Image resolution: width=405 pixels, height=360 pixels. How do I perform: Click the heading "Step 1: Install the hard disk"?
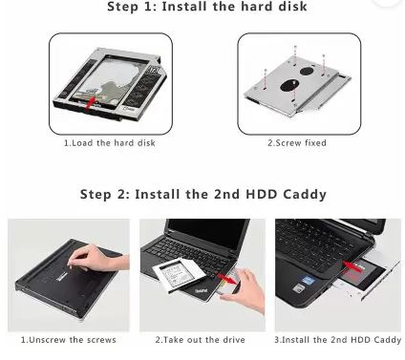click(x=207, y=7)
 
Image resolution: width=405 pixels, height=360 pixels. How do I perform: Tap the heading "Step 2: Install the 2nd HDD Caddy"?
click(x=203, y=194)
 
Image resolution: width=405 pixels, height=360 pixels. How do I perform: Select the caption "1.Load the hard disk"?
click(x=110, y=143)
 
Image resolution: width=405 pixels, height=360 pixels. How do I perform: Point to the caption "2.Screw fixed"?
click(x=297, y=143)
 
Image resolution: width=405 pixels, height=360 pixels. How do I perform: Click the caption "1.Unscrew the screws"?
click(x=69, y=340)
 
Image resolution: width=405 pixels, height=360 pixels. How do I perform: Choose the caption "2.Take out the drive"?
click(x=201, y=340)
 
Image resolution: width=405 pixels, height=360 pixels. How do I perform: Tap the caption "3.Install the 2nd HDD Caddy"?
click(x=338, y=340)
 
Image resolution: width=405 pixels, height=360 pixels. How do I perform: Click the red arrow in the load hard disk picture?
click(x=91, y=103)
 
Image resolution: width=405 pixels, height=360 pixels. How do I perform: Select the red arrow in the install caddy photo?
click(x=352, y=265)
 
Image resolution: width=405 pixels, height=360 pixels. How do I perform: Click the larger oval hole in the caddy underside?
click(x=289, y=85)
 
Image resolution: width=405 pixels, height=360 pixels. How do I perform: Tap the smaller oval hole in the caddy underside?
click(x=307, y=71)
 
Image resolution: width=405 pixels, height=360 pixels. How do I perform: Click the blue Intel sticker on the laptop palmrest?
click(x=309, y=280)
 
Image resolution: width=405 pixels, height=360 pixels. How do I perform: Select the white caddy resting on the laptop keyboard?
click(x=179, y=274)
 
